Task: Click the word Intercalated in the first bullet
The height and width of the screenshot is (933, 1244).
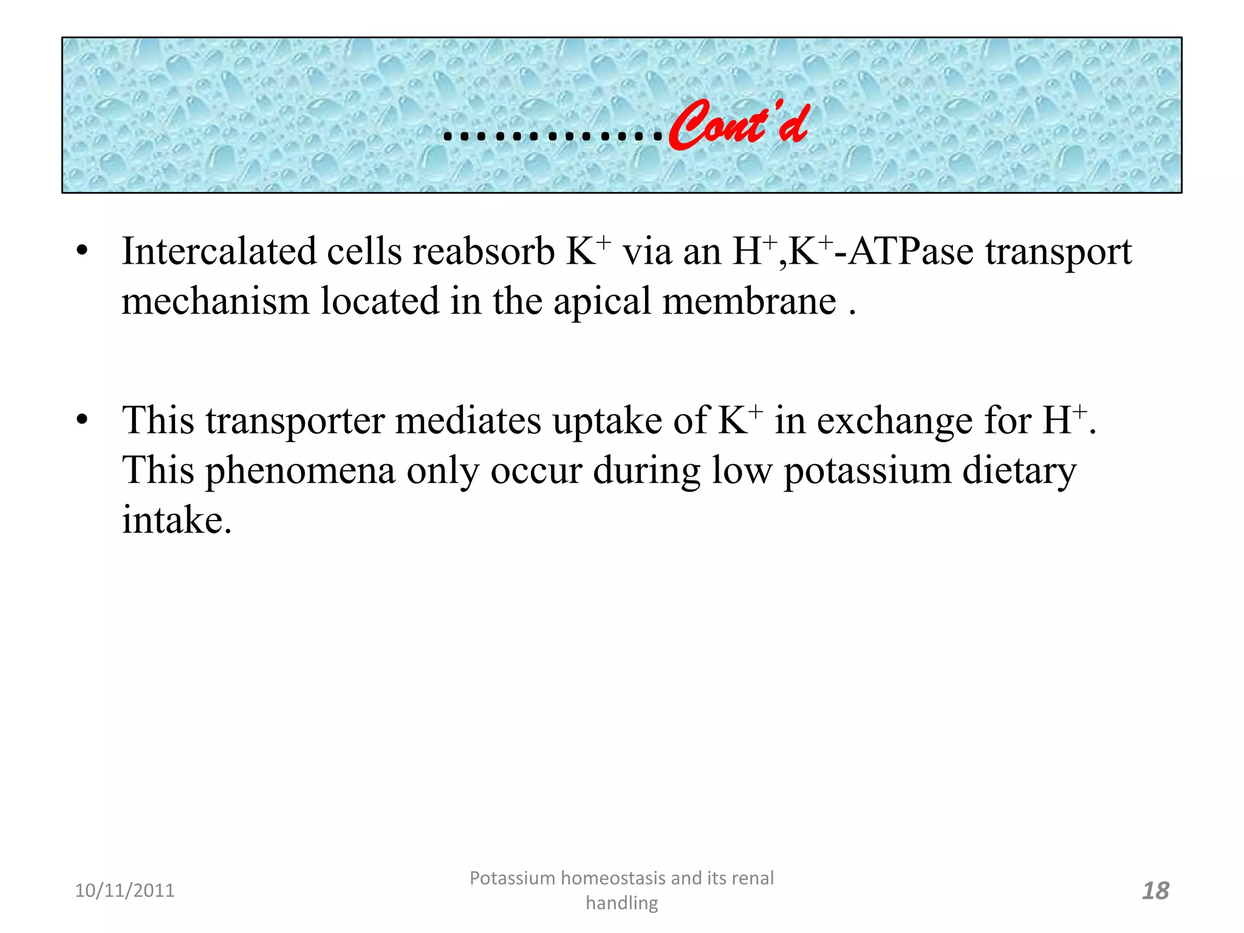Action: (219, 251)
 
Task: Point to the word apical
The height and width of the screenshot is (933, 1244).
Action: (602, 302)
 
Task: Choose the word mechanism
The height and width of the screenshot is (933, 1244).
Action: (215, 301)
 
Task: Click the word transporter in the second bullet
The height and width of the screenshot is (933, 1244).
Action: (295, 421)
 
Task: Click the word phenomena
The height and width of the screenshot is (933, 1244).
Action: (301, 471)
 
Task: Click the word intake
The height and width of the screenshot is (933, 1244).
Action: (176, 520)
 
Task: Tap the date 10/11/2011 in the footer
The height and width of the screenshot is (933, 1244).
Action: (125, 890)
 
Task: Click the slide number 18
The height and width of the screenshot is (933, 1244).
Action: (1155, 891)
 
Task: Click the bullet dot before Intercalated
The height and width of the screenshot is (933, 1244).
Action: (83, 251)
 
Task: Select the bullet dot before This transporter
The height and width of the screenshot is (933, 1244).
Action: (83, 420)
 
